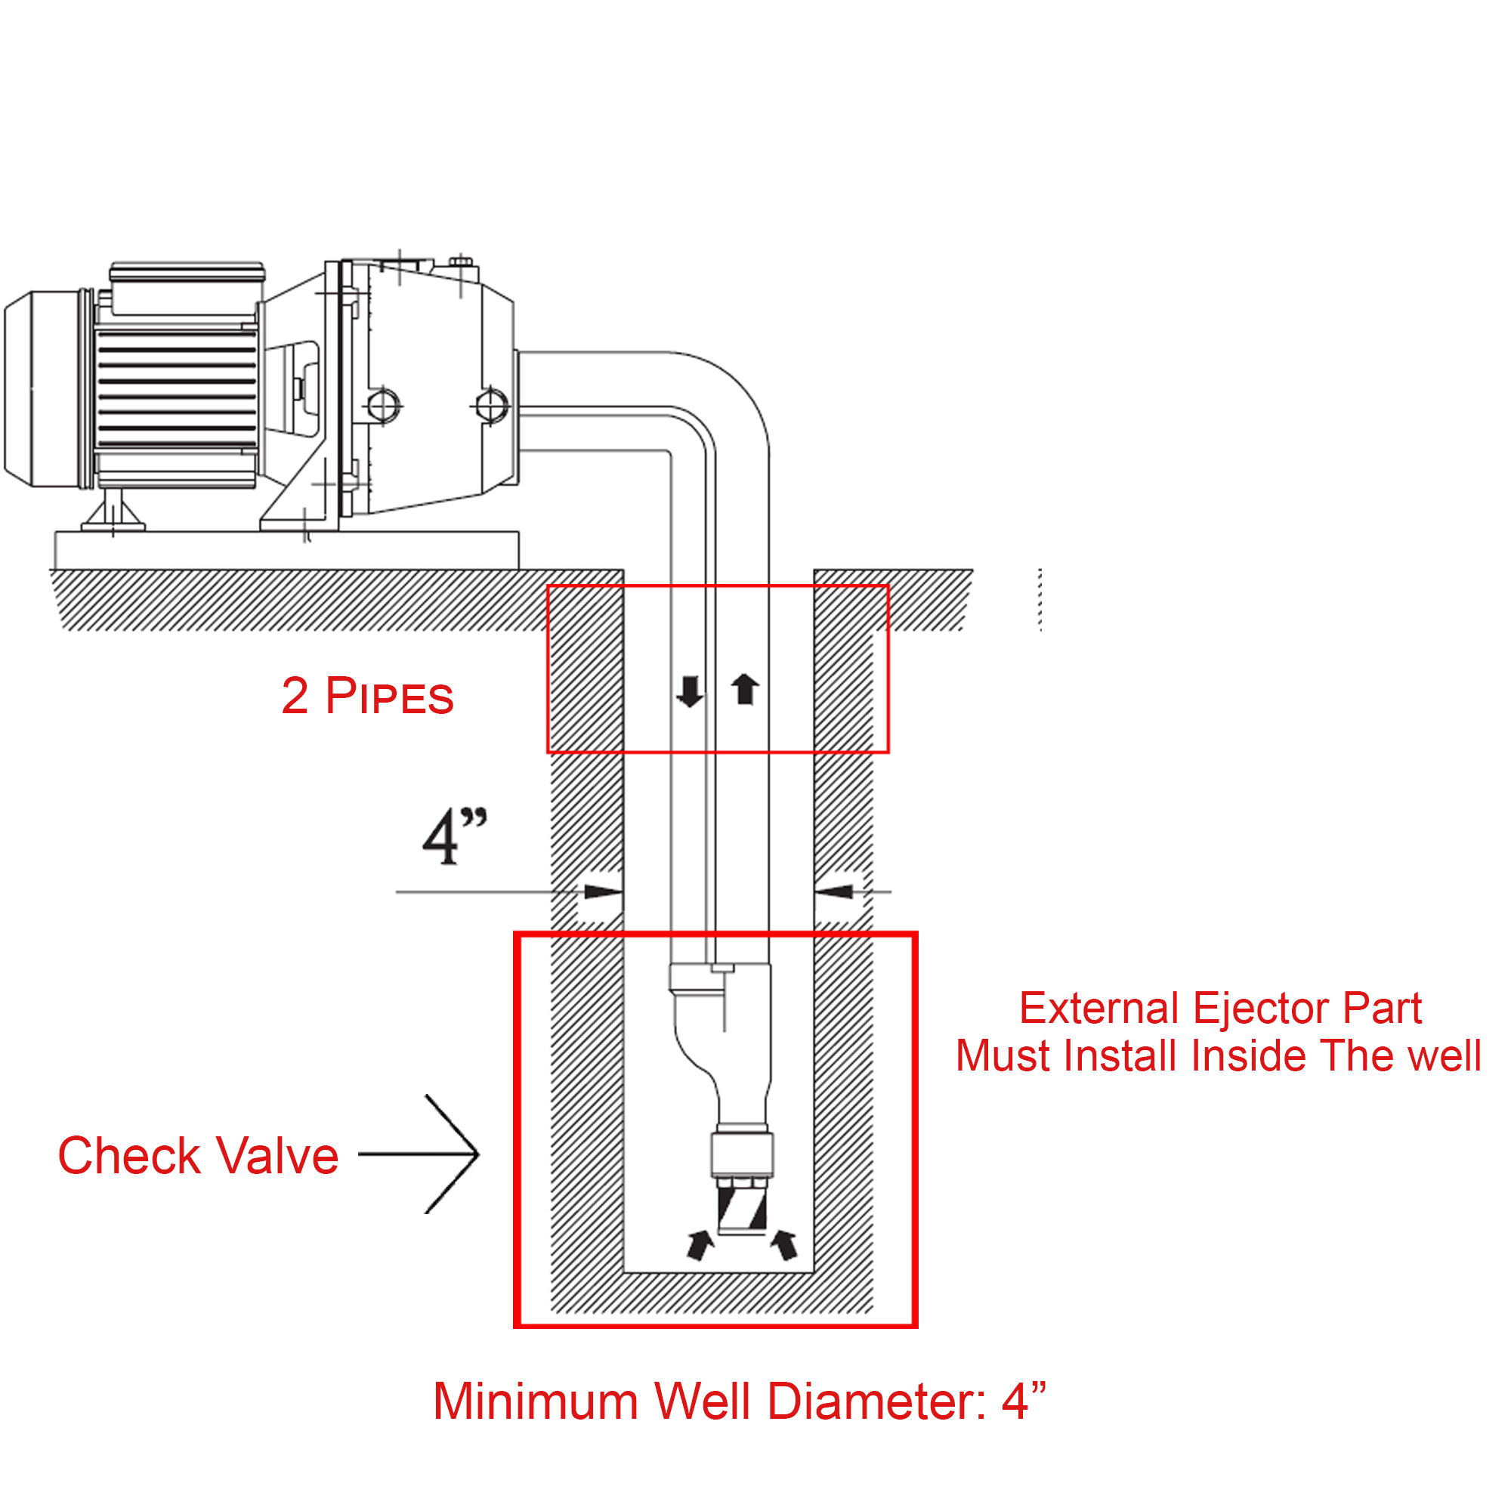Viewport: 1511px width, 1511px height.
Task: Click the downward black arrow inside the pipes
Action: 690,691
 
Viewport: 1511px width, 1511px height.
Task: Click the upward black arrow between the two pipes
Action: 745,689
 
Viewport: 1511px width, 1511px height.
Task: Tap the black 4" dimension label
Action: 454,836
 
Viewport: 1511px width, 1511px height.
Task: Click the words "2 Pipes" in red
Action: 367,695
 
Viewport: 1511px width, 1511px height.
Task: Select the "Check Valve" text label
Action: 198,1155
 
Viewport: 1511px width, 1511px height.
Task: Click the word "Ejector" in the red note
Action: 1260,1008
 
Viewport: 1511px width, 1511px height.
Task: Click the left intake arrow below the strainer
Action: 700,1245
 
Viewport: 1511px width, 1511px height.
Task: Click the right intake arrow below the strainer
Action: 783,1245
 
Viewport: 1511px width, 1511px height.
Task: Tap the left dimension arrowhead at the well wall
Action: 603,891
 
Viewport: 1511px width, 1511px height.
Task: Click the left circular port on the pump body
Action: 382,406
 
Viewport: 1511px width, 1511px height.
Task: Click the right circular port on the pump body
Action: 490,406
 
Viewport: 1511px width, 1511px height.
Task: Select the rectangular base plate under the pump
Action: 286,551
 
